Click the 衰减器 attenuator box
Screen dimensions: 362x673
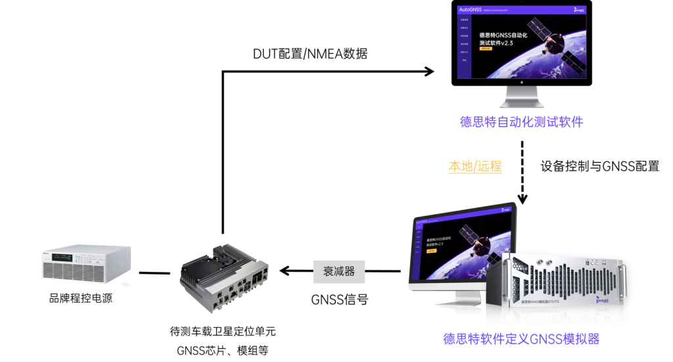tap(338, 271)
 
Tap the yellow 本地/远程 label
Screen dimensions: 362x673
tap(475, 167)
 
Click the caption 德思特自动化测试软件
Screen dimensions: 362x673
tap(521, 122)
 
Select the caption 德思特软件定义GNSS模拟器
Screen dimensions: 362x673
tap(521, 340)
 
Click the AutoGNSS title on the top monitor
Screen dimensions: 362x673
tap(470, 10)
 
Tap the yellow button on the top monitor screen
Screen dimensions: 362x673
tap(485, 49)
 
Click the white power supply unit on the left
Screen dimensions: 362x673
tap(85, 265)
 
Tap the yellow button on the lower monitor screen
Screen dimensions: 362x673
tap(433, 257)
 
